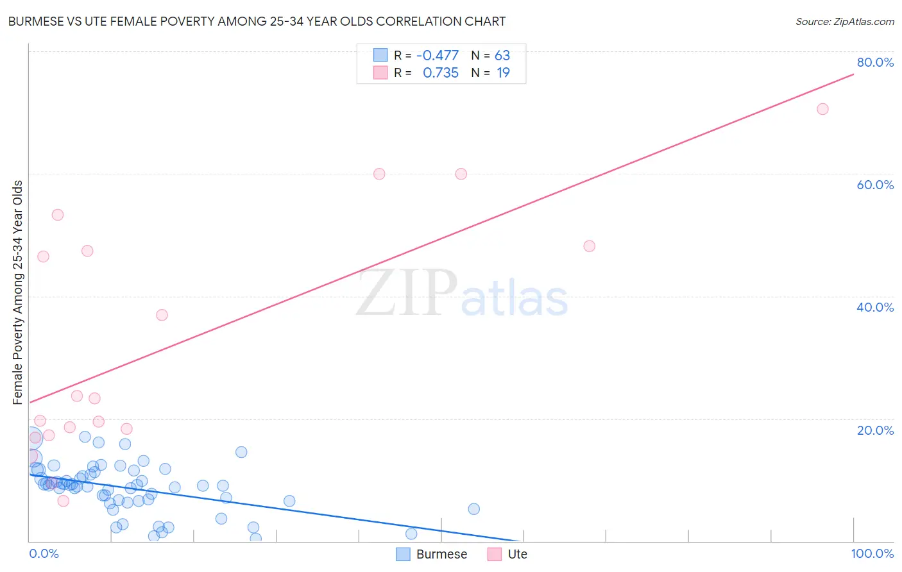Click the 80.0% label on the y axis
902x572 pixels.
[875, 62]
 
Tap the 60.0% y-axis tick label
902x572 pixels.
[875, 185]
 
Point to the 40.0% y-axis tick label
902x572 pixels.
[875, 307]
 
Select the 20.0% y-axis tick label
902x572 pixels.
[875, 430]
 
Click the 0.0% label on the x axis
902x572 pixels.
[44, 553]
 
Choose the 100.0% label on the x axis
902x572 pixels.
[872, 553]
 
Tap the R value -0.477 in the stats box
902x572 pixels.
[438, 55]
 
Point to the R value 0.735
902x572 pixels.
[441, 72]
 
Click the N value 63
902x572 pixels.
[502, 55]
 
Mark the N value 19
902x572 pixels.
[503, 72]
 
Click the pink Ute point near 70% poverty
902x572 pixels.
[822, 109]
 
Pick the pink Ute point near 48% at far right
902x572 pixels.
[590, 246]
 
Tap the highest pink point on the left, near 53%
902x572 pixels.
[58, 215]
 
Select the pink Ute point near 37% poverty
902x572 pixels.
[162, 315]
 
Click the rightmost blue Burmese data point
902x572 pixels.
[474, 509]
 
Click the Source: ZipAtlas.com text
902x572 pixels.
[844, 22]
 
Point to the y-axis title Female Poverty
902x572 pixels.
[18, 292]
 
